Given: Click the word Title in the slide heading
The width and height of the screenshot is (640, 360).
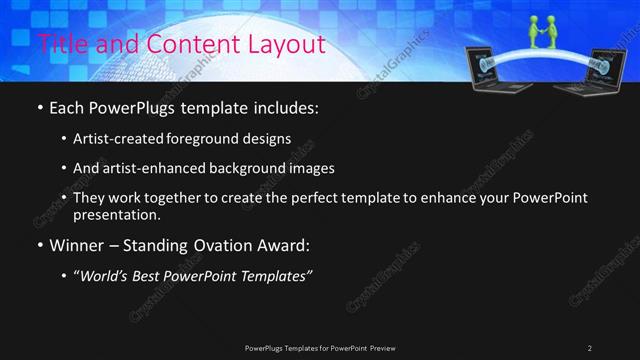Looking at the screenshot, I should pos(59,44).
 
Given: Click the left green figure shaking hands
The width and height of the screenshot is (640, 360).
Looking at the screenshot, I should pos(534,34).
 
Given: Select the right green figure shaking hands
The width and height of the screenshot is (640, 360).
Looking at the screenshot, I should pos(553,34).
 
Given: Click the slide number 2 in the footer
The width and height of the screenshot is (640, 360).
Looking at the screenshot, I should pos(590,348).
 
